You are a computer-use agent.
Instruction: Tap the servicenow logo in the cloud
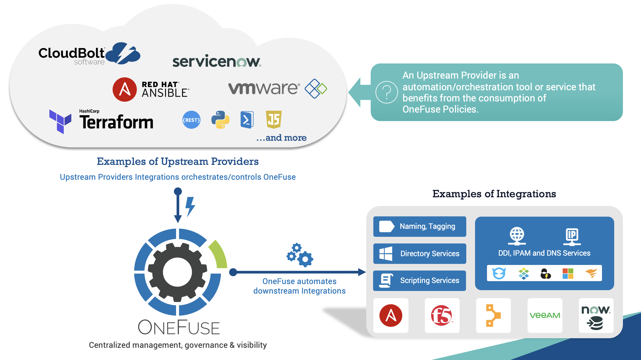216,61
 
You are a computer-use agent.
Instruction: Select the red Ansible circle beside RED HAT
125,89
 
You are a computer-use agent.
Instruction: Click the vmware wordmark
264,88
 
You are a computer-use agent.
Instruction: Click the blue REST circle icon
191,120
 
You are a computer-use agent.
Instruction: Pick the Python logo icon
220,120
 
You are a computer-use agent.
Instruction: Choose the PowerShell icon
247,120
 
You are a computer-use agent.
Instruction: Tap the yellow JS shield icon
274,119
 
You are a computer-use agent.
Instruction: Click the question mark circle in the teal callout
387,92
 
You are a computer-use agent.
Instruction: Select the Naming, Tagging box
420,226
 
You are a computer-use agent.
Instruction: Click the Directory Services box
420,254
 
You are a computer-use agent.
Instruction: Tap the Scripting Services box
420,281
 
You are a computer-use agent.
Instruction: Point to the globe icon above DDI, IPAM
517,235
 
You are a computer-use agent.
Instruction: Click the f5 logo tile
442,315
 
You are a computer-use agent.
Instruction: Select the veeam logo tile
545,315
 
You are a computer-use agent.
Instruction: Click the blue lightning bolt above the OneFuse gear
190,206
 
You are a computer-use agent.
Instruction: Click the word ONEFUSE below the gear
179,328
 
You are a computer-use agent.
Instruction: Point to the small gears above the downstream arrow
300,255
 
